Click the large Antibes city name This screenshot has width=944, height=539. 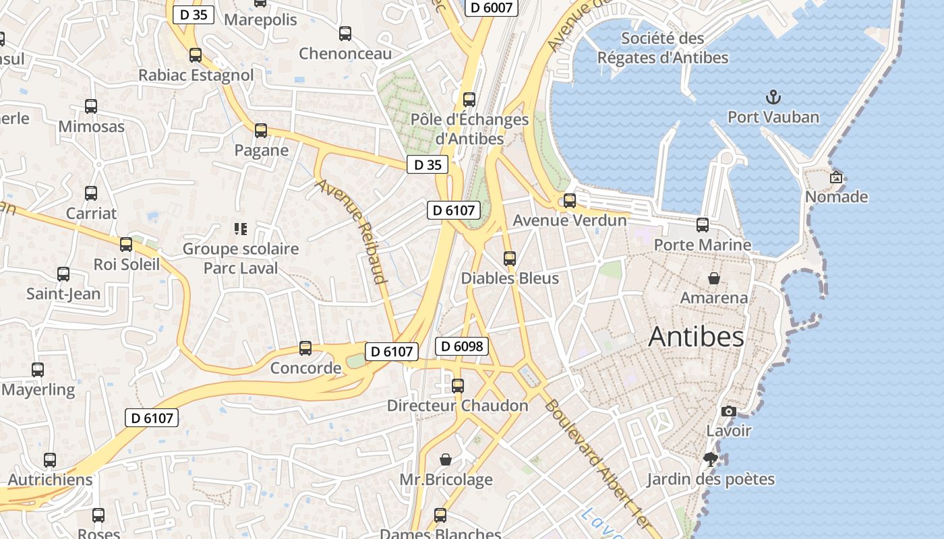696,337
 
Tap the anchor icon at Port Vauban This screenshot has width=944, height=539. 773,98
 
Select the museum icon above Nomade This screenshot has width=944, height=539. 836,177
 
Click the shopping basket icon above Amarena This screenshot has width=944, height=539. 713,278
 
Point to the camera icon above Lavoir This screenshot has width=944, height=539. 728,411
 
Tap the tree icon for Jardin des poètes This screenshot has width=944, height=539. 710,459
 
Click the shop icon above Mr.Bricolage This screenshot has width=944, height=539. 446,459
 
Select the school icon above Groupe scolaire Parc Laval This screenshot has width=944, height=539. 240,229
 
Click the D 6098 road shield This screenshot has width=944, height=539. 461,346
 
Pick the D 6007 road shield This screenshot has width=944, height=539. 492,7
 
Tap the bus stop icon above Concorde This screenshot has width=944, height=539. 305,348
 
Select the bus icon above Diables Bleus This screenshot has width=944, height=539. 510,258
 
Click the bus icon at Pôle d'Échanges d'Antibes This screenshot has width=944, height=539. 469,100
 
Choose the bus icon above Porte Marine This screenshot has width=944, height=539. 703,225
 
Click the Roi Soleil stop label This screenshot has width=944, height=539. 127,264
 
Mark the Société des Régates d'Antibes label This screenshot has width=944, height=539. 663,48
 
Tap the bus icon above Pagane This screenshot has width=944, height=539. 261,131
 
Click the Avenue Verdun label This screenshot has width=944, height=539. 570,220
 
